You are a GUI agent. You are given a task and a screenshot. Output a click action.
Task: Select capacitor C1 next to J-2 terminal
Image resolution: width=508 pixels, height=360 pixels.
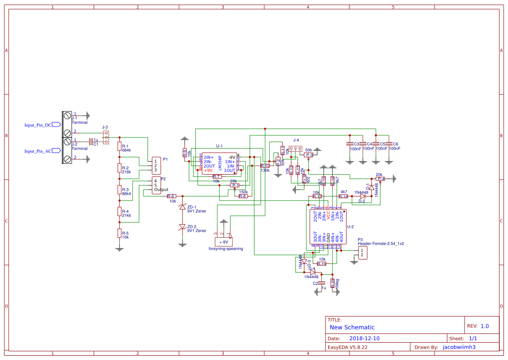(90, 141)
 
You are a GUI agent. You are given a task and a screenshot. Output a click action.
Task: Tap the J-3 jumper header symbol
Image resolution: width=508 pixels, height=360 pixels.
(106, 137)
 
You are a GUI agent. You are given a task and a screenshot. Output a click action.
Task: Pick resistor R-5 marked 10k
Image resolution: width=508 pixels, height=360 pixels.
(119, 233)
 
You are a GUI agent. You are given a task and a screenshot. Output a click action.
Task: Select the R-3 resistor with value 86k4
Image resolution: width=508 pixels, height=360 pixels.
(119, 190)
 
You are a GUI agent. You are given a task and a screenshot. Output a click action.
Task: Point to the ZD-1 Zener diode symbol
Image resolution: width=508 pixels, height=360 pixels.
(183, 207)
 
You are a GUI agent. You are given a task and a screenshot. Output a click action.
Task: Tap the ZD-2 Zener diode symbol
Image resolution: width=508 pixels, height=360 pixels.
(183, 227)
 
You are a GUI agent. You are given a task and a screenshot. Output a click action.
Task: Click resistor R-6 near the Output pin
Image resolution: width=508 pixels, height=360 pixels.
(172, 197)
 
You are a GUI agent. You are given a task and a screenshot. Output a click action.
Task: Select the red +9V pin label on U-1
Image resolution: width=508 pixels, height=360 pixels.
(208, 170)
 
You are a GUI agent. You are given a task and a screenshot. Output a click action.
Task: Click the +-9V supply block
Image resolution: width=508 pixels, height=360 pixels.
(223, 242)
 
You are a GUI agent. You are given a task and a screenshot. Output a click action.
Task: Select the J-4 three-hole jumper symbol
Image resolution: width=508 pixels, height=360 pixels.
(295, 149)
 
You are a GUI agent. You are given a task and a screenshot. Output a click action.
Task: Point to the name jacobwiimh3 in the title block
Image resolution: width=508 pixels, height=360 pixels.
(459, 347)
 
